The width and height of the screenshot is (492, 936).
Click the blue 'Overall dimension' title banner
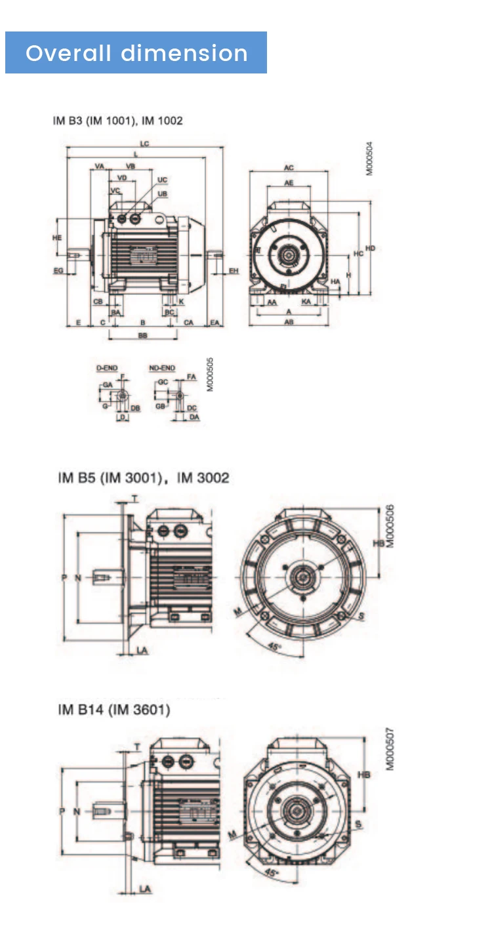pyautogui.click(x=136, y=52)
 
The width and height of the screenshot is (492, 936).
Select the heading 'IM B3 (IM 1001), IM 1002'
pyautogui.click(x=117, y=121)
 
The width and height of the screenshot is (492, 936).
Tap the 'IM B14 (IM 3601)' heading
pyautogui.click(x=113, y=710)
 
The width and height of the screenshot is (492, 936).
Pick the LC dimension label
pyautogui.click(x=144, y=143)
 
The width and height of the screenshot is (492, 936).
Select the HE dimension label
pyautogui.click(x=57, y=237)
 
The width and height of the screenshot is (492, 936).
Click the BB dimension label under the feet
pyautogui.click(x=142, y=335)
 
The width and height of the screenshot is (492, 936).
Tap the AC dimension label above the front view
pyautogui.click(x=289, y=168)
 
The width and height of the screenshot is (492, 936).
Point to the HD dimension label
pyautogui.click(x=371, y=249)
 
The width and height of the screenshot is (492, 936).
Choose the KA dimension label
pyautogui.click(x=306, y=302)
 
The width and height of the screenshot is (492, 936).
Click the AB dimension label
pyautogui.click(x=289, y=322)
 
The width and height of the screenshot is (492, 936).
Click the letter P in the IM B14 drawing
pyautogui.click(x=62, y=811)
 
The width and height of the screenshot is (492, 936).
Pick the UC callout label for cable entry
pyautogui.click(x=162, y=180)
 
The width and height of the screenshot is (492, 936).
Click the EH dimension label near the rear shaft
pyautogui.click(x=234, y=270)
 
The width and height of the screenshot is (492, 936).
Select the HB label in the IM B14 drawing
pyautogui.click(x=363, y=775)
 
